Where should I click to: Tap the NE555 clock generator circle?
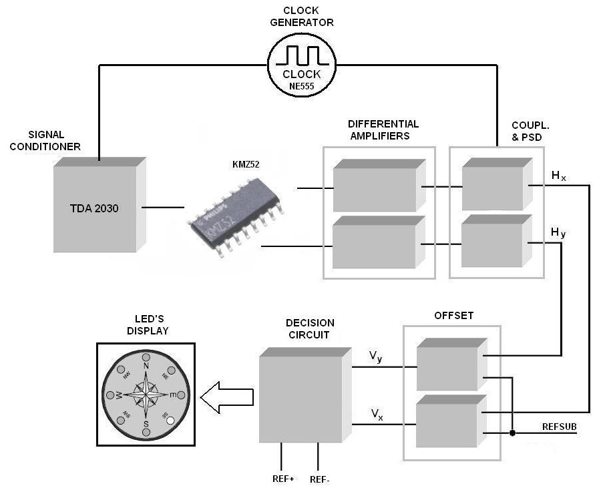301,63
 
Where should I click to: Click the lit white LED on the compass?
171,421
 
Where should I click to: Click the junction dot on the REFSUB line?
512,433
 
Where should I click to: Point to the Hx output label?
559,176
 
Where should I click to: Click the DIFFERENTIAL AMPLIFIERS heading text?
383,130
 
